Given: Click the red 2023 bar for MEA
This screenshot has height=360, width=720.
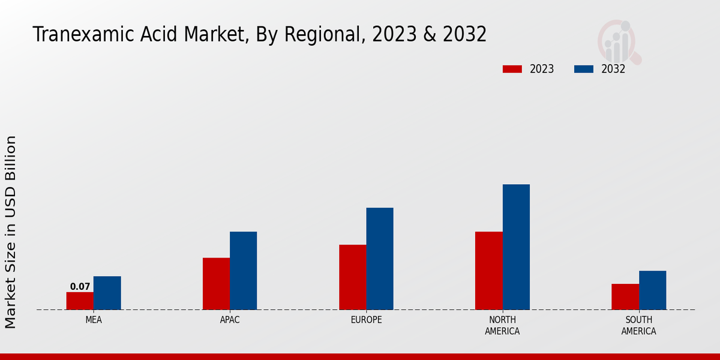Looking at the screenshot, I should point(80,301).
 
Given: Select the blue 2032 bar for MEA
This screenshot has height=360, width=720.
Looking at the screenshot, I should point(107,293).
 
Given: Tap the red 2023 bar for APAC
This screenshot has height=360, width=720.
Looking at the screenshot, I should point(216,284).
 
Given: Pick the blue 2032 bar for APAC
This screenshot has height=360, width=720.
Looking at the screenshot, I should point(243,271).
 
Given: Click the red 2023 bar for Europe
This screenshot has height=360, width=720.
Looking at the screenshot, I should point(353,277).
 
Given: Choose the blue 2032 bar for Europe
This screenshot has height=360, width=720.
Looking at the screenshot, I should point(380,259).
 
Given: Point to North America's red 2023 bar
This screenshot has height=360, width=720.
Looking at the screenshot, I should point(489,271).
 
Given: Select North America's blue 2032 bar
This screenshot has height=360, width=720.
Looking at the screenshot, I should point(516,247).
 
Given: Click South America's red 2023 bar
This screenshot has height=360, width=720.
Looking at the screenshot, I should point(625,296).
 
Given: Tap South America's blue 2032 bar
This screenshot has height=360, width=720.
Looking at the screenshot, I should point(652,290).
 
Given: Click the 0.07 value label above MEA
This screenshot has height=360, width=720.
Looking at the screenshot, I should point(80,287).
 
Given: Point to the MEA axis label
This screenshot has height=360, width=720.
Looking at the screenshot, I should point(94,320).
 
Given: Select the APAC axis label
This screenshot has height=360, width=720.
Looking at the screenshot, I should point(230,320).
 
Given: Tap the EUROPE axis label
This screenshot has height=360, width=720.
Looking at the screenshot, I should point(366,320).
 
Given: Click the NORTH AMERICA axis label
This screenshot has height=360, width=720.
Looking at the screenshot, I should point(503,325).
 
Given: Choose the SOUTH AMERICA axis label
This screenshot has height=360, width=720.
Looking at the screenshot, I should point(638,325).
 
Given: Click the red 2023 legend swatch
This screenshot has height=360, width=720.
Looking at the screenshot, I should point(512,69).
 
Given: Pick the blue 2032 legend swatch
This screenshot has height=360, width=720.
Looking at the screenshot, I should point(583,69).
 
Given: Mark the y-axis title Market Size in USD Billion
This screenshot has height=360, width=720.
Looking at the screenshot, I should point(11,232).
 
